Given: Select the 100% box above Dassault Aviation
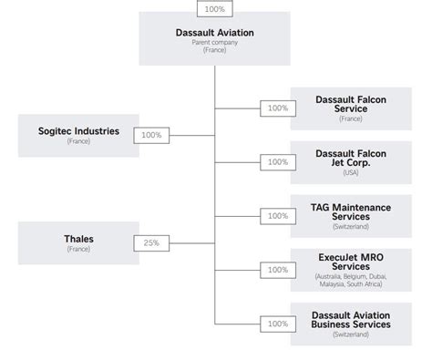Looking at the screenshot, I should pos(214,8).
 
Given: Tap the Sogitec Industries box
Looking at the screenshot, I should pos(72,135).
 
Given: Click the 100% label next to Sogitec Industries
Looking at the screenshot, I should pos(150,135).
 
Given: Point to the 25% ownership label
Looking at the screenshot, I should pos(150,242).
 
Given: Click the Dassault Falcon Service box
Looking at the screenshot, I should pos(351,108).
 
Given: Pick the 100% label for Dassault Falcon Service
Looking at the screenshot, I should pos(277,108).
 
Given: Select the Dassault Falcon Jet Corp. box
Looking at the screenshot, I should pos(351,161).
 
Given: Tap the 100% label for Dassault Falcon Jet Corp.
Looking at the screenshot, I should pos(277,161).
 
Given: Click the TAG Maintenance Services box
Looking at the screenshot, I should pos(351,215).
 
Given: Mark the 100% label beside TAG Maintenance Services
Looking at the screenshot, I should pos(277,215).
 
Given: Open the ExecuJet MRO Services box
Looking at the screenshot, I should pos(351,269).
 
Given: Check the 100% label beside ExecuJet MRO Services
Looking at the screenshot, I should pos(277,269).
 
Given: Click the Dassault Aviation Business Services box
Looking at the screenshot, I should pos(351,323).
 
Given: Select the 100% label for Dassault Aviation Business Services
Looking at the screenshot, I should pos(277,323).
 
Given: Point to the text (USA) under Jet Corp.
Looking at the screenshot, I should pos(351,173).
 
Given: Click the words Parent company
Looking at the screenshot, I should pos(214,42).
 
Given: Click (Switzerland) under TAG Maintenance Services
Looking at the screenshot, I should pos(351,227).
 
